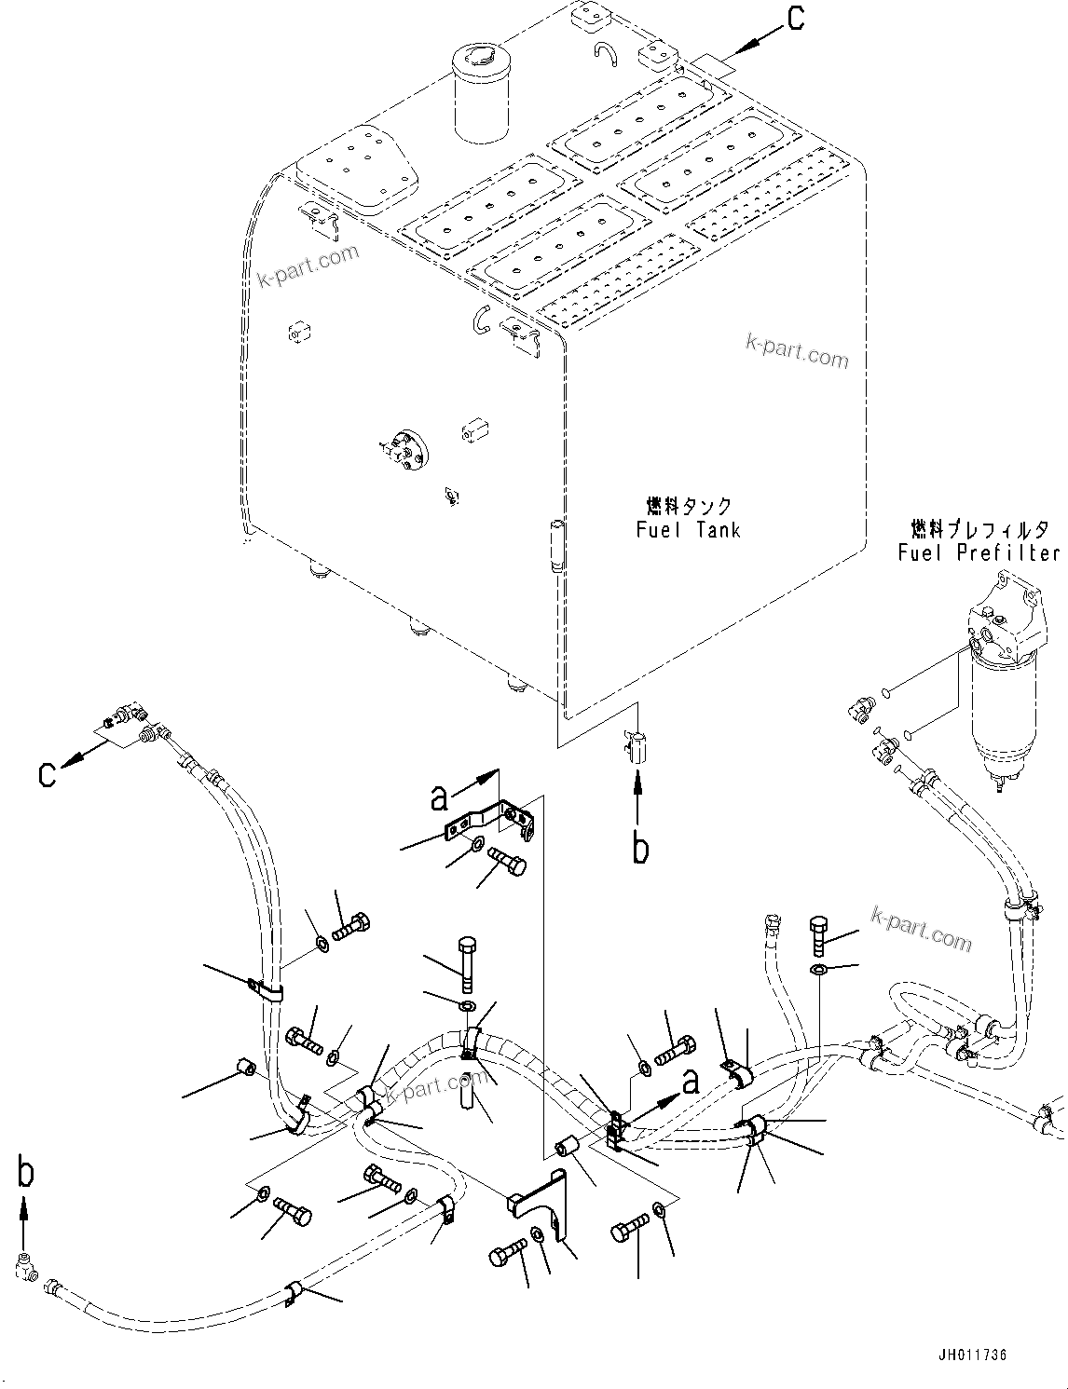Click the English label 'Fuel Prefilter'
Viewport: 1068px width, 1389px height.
click(978, 552)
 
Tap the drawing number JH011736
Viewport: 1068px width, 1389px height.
click(973, 1355)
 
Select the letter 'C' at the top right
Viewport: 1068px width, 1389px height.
click(795, 20)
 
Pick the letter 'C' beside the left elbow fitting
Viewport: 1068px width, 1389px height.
click(48, 774)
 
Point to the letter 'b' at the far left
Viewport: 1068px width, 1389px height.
click(25, 1172)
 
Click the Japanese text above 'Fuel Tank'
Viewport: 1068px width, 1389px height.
click(690, 506)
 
